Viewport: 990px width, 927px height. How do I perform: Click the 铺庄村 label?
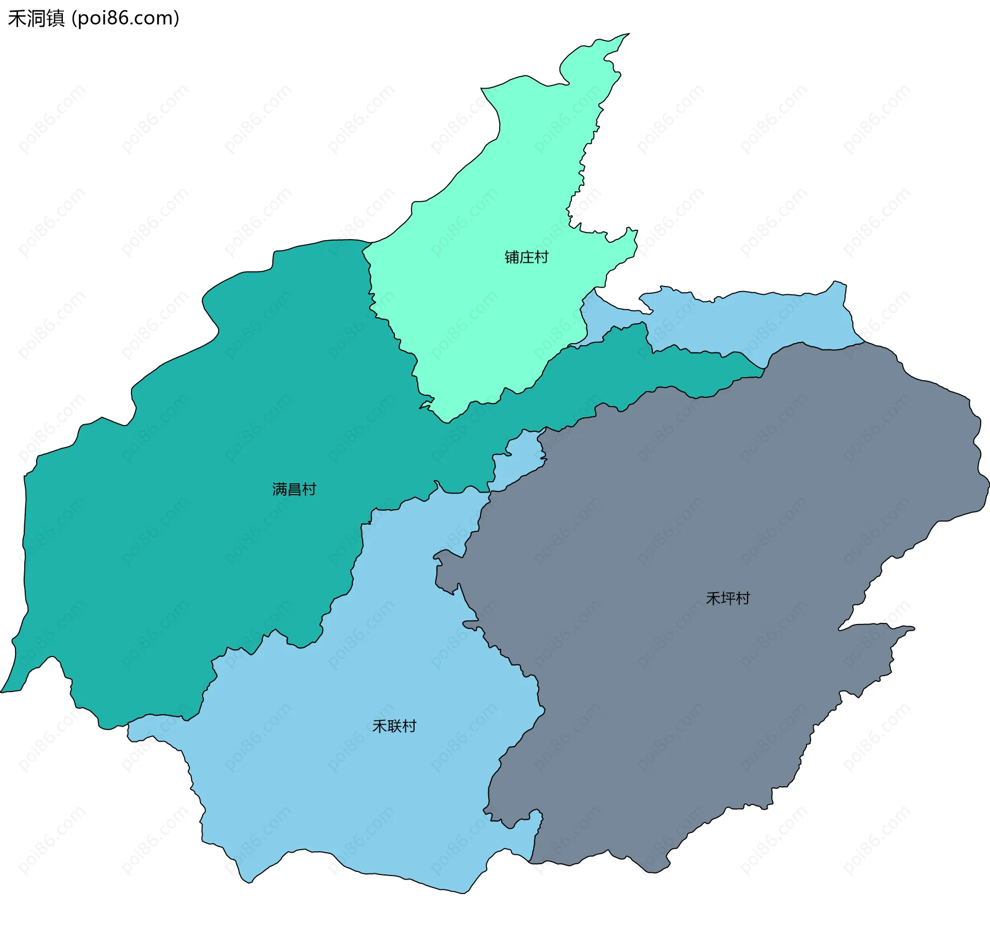tap(526, 257)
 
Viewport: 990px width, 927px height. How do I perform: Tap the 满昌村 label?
tap(294, 489)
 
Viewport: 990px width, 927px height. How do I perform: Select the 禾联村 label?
tap(394, 726)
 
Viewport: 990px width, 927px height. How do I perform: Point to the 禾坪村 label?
tap(728, 598)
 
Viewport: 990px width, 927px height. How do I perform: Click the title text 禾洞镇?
tap(36, 19)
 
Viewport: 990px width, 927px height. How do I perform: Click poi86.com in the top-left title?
tap(125, 19)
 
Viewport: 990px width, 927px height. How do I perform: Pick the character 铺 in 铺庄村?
tap(511, 257)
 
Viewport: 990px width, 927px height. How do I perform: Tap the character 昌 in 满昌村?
tap(294, 489)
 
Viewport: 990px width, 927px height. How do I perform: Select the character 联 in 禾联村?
tap(394, 726)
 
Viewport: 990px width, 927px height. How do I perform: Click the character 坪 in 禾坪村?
tap(728, 598)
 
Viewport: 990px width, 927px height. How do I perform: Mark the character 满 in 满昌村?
tap(279, 489)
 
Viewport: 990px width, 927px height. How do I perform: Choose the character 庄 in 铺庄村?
tap(526, 257)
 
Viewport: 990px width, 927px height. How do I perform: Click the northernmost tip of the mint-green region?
tap(629, 34)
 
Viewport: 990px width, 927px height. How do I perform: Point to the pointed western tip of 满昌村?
tap(2, 692)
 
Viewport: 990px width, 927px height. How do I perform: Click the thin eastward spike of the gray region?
tap(910, 628)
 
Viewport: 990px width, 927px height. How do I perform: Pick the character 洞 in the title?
tap(36, 19)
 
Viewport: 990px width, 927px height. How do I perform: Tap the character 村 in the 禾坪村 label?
tap(742, 598)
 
